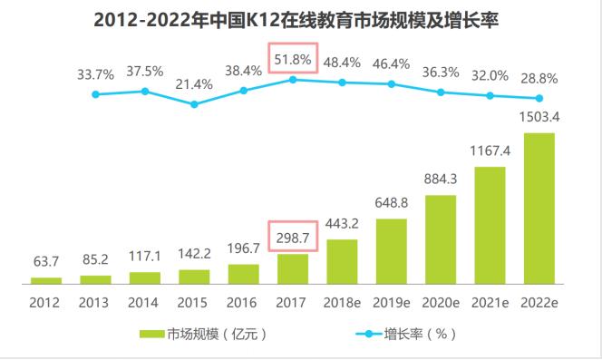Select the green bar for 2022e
(x=539, y=208)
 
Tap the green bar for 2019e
(x=392, y=251)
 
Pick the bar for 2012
(x=46, y=280)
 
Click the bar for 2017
(x=293, y=268)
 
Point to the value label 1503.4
(x=539, y=117)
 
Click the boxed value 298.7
(x=293, y=237)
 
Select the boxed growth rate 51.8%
(x=293, y=60)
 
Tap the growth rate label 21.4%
(x=195, y=83)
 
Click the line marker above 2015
(x=195, y=104)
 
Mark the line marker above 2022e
(x=539, y=99)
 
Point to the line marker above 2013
(x=95, y=94)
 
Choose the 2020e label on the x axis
(x=441, y=302)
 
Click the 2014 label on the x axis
(x=145, y=302)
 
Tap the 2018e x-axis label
(x=342, y=302)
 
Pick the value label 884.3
(x=441, y=177)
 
